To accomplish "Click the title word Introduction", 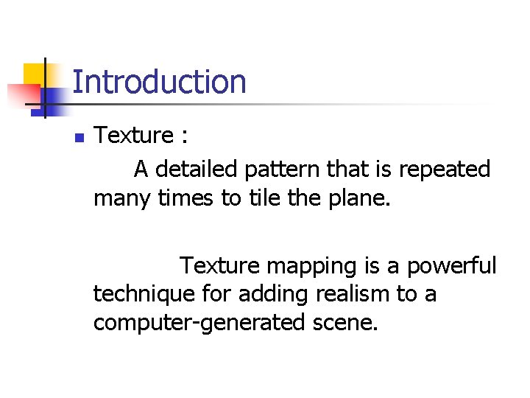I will [x=159, y=82].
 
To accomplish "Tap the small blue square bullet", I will [x=79, y=137].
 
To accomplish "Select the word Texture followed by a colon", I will [x=133, y=136].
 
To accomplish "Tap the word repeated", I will [x=445, y=170].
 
